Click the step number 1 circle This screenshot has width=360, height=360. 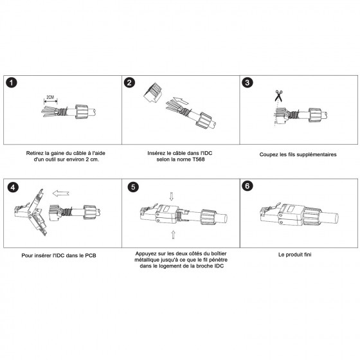pos(12,82)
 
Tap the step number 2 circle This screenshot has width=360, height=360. pos(129,82)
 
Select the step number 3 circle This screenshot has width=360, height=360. pos(248,82)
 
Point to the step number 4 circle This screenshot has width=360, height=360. pos(13,187)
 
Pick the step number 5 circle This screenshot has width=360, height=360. pos(133,187)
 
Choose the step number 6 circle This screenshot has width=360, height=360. pos(248,186)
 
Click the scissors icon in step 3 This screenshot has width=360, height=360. pos(278,96)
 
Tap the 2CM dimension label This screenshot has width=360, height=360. pos(50,97)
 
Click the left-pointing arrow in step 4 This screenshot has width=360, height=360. pos(61,194)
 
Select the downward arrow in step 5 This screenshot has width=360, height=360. pos(171,197)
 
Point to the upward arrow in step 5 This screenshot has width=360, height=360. pos(173,235)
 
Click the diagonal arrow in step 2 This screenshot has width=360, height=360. pos(181,100)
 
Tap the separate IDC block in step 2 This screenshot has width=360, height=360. pos(153,93)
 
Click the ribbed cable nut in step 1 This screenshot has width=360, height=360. pos(82,112)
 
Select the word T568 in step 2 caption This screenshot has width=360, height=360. pos(199,159)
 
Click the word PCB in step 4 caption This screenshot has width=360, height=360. pos(91,255)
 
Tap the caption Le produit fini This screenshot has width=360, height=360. pos(295,255)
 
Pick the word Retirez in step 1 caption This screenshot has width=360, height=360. pos(35,153)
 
